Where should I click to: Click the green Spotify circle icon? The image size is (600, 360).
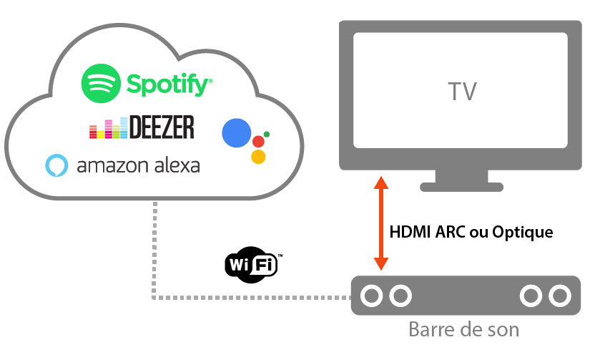point(101,83)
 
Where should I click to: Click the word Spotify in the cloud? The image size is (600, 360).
point(169,84)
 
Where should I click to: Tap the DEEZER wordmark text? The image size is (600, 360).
point(161,127)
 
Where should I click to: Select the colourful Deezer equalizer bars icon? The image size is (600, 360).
point(108,129)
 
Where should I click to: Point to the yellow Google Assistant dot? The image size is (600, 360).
point(259,157)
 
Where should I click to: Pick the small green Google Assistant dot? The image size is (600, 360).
point(267,134)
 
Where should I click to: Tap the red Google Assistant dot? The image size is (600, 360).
point(259,141)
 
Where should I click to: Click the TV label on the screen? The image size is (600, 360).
point(462,92)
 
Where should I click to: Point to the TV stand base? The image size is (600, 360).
point(462,187)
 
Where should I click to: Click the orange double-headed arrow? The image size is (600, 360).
point(381,224)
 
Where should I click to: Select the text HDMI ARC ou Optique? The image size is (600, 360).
point(471,233)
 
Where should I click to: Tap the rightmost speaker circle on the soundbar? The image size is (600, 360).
point(558,295)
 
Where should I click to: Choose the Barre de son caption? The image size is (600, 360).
point(463,331)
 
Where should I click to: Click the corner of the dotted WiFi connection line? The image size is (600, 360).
point(154,296)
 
